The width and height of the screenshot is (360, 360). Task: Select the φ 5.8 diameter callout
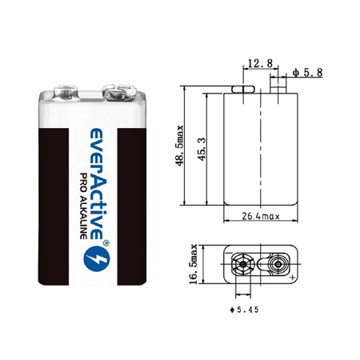tap(307, 73)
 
